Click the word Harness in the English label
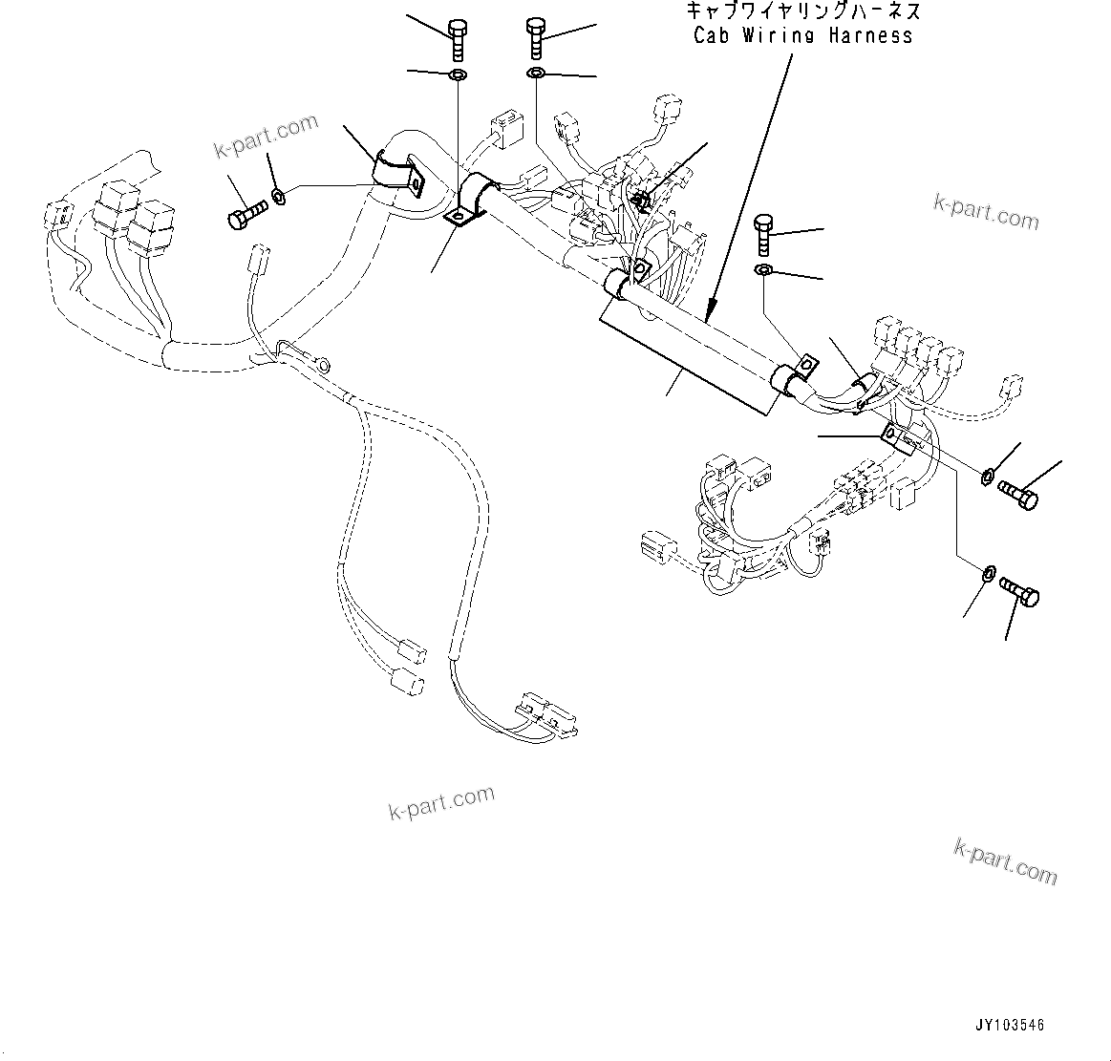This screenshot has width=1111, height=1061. [870, 36]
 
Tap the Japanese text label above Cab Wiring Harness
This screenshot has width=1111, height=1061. [803, 11]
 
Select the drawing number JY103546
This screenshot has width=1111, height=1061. [1010, 1026]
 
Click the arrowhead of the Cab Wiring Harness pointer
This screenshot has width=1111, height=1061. [708, 309]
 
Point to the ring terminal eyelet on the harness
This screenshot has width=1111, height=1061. [323, 363]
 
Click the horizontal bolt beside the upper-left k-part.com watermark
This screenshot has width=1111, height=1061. [247, 214]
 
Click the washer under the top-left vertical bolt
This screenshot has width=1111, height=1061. [457, 75]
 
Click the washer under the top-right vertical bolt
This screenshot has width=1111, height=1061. [536, 74]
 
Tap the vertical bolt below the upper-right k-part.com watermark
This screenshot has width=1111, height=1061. [763, 235]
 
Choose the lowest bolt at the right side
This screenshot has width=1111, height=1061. [1019, 592]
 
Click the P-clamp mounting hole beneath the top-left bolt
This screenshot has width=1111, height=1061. [459, 218]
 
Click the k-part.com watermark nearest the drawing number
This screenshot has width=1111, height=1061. [1006, 859]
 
